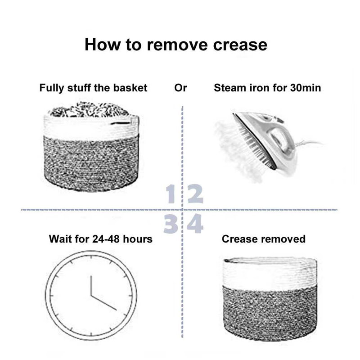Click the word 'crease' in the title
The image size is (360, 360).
[240, 45]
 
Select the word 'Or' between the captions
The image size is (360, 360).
[180, 88]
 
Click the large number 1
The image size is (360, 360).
[171, 194]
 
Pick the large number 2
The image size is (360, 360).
[195, 194]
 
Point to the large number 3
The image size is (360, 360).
[171, 224]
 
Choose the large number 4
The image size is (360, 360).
[195, 224]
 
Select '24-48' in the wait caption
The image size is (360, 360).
[106, 239]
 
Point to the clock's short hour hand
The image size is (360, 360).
[91, 286]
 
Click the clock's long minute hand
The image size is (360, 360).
[104, 303]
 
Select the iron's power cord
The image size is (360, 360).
[310, 144]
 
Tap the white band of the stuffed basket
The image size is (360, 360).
[91, 127]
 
